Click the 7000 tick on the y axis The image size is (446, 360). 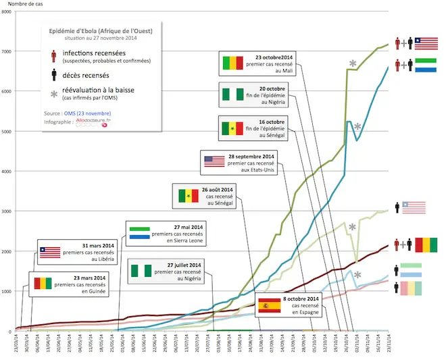click(x=7, y=52)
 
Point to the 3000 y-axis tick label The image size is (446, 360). click(x=7, y=211)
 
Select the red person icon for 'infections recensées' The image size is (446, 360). click(x=53, y=56)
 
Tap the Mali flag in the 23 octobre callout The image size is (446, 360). click(x=232, y=63)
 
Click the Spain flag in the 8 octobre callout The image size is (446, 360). click(x=269, y=306)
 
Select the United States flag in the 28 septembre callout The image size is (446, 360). click(x=214, y=161)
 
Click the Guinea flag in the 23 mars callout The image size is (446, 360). click(x=43, y=282)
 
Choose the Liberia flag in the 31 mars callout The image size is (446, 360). click(x=49, y=253)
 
